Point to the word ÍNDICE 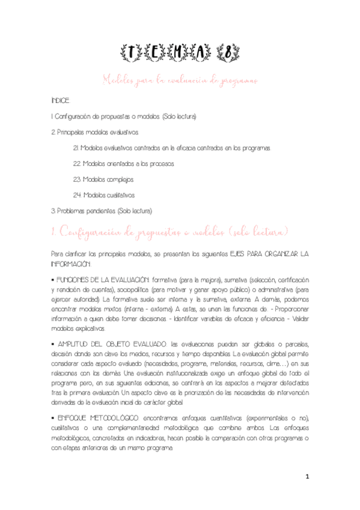(x=61, y=100)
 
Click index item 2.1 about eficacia (x=172, y=147)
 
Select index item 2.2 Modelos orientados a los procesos (x=123, y=164)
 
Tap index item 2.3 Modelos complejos (x=104, y=179)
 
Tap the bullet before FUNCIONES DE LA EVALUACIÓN (x=53, y=281)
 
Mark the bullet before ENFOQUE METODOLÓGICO (x=53, y=416)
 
